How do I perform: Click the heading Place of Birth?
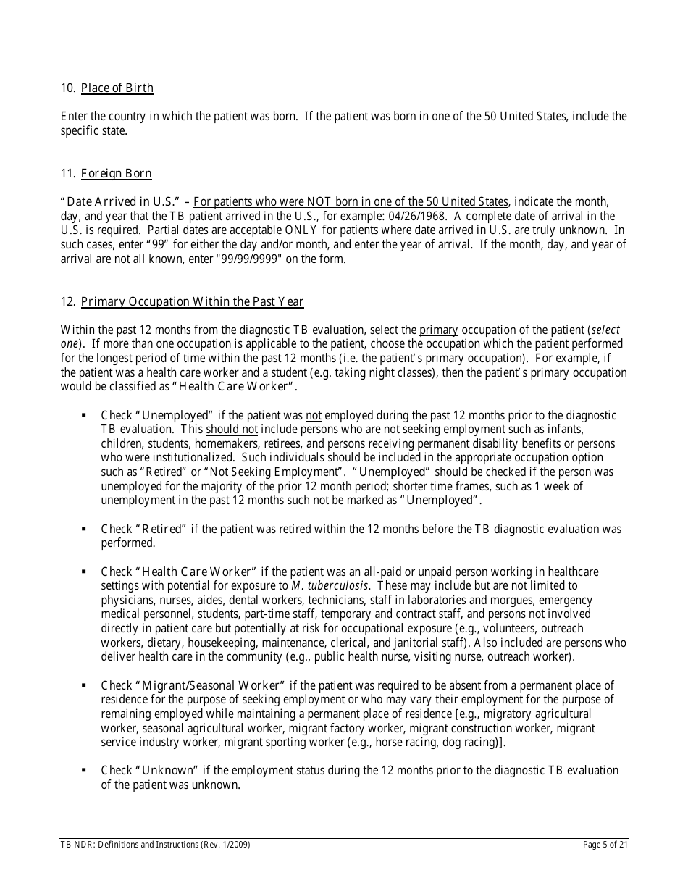coord(117,88)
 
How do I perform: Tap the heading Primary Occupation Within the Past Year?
coord(192,302)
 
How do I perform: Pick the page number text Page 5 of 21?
coord(605,845)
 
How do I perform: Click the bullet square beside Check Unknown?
coord(84,770)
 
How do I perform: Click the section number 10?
coord(68,88)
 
